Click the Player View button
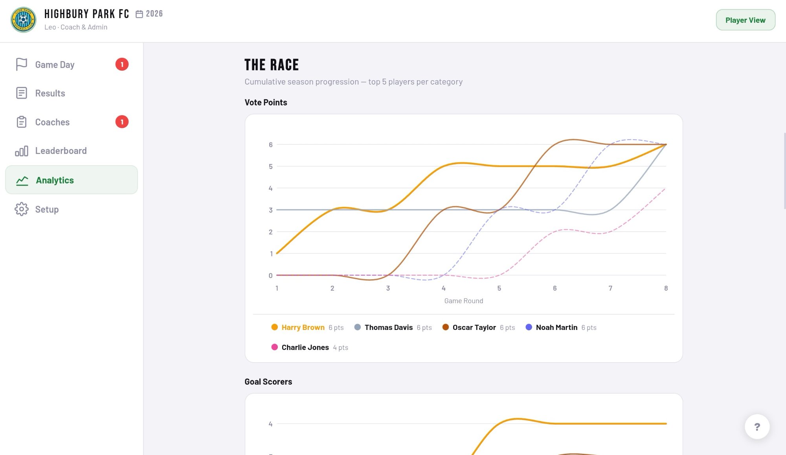pyautogui.click(x=745, y=20)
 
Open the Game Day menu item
pyautogui.click(x=55, y=64)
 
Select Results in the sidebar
pyautogui.click(x=50, y=93)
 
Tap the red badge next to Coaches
pyautogui.click(x=122, y=122)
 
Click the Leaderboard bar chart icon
pyautogui.click(x=22, y=151)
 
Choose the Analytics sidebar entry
pyautogui.click(x=55, y=180)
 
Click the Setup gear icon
pyautogui.click(x=22, y=209)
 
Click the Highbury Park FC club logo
pyautogui.click(x=23, y=20)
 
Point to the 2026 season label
pyautogui.click(x=154, y=14)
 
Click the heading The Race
pyautogui.click(x=272, y=65)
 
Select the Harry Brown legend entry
pyautogui.click(x=303, y=327)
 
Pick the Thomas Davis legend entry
pyautogui.click(x=388, y=327)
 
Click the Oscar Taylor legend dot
pyautogui.click(x=445, y=327)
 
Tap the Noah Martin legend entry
pyautogui.click(x=556, y=327)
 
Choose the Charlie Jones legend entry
pyautogui.click(x=305, y=347)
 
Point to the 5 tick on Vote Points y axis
pyautogui.click(x=270, y=167)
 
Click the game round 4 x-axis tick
pyautogui.click(x=443, y=288)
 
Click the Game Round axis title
pyautogui.click(x=463, y=301)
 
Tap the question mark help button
pyautogui.click(x=757, y=427)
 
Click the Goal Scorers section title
pyautogui.click(x=268, y=381)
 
